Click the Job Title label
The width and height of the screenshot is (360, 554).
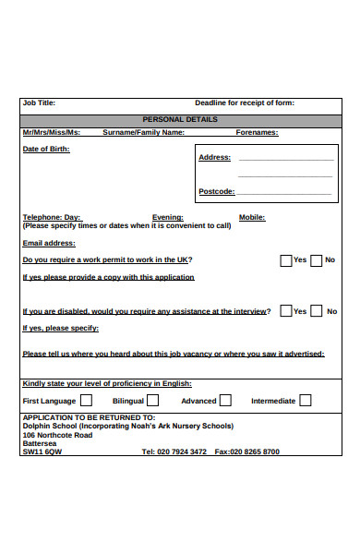(x=39, y=102)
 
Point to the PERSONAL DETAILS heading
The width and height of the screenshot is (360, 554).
(x=180, y=119)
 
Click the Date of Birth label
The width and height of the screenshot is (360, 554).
(x=45, y=149)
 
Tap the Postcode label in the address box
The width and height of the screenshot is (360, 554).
(x=217, y=191)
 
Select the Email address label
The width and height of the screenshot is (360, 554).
(x=48, y=243)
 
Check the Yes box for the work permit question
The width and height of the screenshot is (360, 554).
(x=286, y=260)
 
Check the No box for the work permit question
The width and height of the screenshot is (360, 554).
(x=317, y=260)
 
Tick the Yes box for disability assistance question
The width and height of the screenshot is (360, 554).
(x=286, y=311)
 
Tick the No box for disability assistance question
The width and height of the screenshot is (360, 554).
(x=317, y=311)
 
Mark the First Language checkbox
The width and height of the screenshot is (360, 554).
(x=86, y=401)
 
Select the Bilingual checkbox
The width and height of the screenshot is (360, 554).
(x=152, y=401)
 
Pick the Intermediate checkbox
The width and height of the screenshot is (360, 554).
(x=305, y=401)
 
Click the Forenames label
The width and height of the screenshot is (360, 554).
(x=258, y=132)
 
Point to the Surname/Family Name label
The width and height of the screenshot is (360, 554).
(x=143, y=132)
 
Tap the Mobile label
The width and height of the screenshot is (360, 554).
(x=252, y=217)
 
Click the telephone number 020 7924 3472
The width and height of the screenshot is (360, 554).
(x=182, y=452)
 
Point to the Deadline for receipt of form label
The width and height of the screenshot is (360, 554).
(x=245, y=102)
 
